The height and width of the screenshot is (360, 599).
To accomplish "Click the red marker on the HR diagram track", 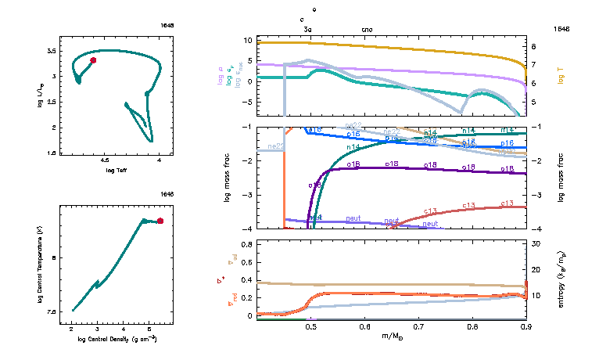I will tap(93, 59).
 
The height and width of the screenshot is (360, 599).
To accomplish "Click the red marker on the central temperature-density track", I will tap(160, 221).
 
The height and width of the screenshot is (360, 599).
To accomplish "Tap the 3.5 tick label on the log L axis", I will tap(51, 50).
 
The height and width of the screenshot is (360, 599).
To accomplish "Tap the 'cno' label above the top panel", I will tap(368, 29).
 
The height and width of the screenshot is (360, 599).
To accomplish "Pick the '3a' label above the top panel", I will tap(308, 29).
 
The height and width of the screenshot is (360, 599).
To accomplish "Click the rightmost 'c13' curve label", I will tap(506, 203).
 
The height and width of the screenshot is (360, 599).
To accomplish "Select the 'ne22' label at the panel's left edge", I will tap(274, 146).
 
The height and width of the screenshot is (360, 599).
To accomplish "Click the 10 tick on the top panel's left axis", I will tap(247, 39).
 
